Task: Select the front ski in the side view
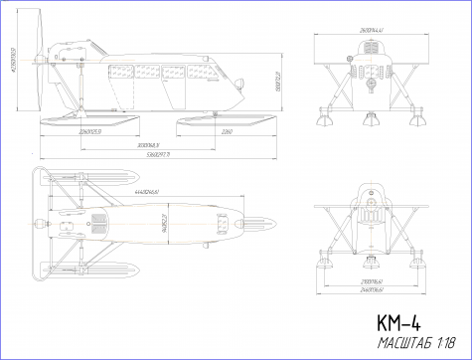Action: point(227,120)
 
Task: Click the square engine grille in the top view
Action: point(99,221)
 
